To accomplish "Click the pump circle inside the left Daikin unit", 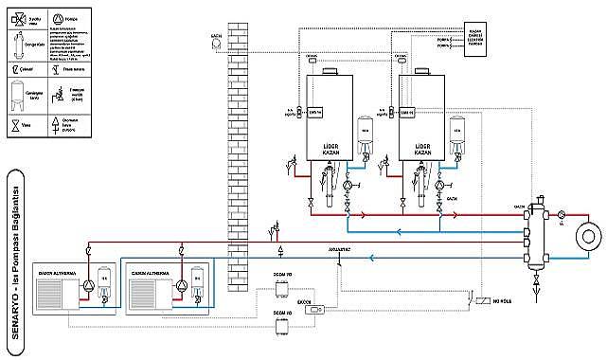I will (x=87, y=284).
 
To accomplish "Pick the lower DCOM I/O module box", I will (x=281, y=328).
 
